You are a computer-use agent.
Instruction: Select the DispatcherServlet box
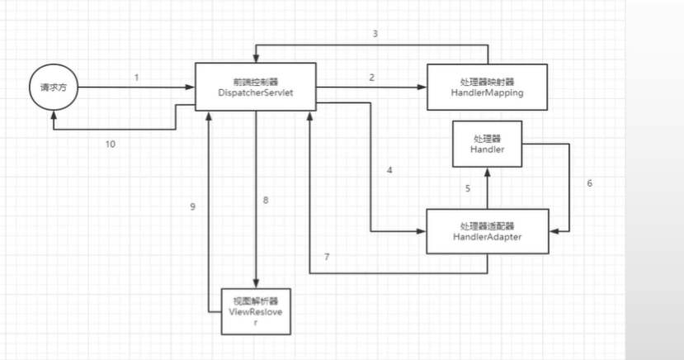[256, 88]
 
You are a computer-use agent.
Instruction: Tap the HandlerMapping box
[487, 88]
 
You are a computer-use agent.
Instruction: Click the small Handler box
[487, 144]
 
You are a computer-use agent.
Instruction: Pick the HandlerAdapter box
[487, 231]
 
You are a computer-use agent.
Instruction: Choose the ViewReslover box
[256, 310]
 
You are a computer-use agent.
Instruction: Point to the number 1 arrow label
[137, 77]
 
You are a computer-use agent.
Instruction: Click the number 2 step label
[372, 77]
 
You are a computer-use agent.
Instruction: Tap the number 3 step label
[375, 34]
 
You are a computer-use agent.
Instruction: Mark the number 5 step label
[467, 188]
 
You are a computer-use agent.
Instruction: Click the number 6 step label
[589, 182]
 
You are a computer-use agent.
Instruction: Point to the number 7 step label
[327, 257]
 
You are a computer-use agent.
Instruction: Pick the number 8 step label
[266, 201]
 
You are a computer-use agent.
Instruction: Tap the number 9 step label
[192, 206]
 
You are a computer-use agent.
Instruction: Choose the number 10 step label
[110, 144]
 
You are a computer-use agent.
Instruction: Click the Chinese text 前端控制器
[255, 82]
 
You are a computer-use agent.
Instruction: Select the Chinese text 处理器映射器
[487, 82]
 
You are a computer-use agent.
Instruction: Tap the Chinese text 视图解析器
[255, 300]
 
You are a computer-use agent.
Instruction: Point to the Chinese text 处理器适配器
[487, 225]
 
